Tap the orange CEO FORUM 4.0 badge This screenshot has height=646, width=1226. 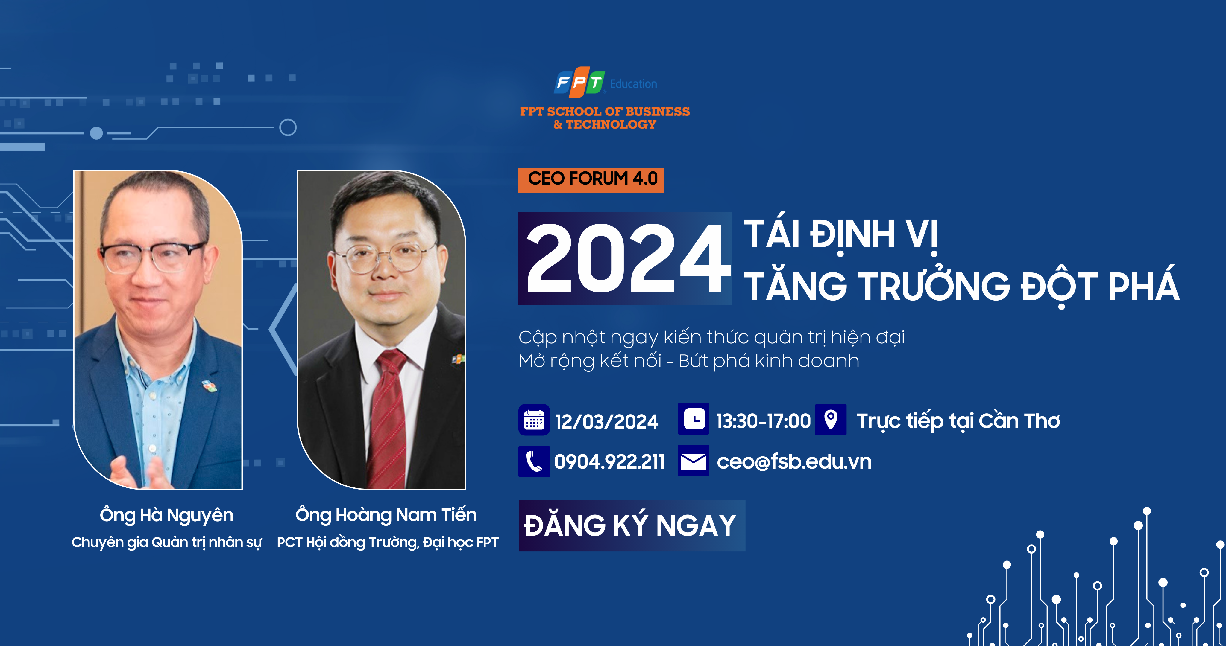click(591, 180)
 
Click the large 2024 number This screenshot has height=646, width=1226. click(627, 258)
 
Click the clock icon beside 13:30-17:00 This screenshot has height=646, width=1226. click(694, 419)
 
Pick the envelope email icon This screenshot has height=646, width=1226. click(694, 461)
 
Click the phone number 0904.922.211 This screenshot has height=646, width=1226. click(609, 461)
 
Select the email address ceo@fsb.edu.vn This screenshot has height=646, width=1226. click(794, 461)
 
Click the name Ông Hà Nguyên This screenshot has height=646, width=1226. click(167, 515)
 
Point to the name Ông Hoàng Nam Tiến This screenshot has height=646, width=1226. click(386, 515)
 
